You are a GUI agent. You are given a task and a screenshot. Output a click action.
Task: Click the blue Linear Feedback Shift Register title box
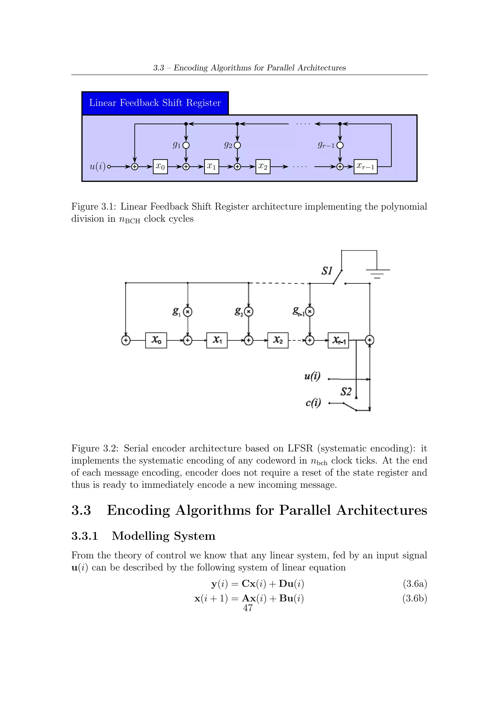click(155, 103)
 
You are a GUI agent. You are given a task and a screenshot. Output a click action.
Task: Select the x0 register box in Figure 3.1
click(160, 167)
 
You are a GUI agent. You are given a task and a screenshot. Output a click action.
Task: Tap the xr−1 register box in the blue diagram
click(365, 167)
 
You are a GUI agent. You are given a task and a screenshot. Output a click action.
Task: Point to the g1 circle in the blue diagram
click(186, 145)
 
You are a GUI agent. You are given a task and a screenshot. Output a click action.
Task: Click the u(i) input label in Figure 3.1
click(97, 167)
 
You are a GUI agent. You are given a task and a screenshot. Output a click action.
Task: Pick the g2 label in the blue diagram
click(228, 145)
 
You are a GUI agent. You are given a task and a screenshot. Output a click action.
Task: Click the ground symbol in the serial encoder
click(377, 273)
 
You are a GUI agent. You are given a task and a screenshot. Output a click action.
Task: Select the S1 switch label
click(327, 271)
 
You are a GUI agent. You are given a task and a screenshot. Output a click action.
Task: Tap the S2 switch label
click(346, 392)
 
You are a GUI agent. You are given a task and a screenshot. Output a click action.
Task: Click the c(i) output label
click(313, 402)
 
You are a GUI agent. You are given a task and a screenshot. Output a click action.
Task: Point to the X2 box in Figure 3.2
click(278, 340)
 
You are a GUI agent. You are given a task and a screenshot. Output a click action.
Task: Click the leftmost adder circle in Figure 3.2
click(126, 340)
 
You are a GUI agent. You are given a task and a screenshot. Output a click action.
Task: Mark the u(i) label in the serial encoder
click(312, 376)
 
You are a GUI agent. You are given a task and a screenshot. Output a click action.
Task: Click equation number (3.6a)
click(415, 584)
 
